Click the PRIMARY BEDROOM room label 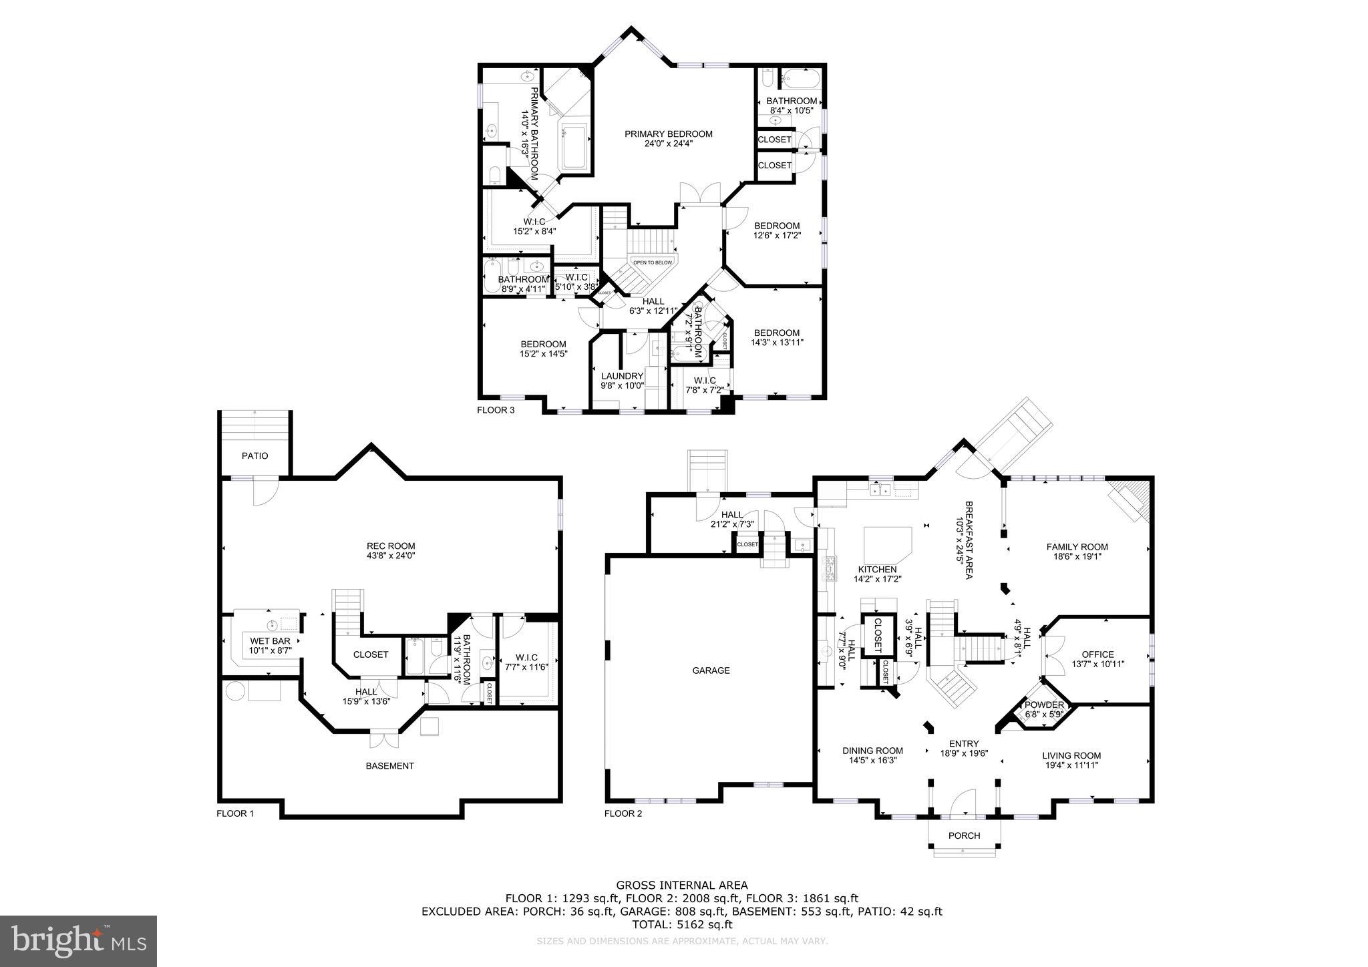tap(668, 134)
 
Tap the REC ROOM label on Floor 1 tap(391, 546)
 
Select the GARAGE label tap(711, 670)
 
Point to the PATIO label tap(254, 456)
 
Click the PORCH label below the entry tap(964, 835)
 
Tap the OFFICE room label tap(1097, 654)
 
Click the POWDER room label tap(1044, 705)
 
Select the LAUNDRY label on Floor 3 tap(621, 376)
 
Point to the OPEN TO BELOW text tap(653, 262)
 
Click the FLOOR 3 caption tap(496, 410)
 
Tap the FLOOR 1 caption tap(235, 813)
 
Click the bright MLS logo tap(78, 941)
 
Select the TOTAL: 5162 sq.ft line tap(682, 925)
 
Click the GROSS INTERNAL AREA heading tap(682, 886)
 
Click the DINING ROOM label tap(872, 751)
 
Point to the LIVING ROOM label tap(1071, 756)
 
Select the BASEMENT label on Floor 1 tap(389, 766)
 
